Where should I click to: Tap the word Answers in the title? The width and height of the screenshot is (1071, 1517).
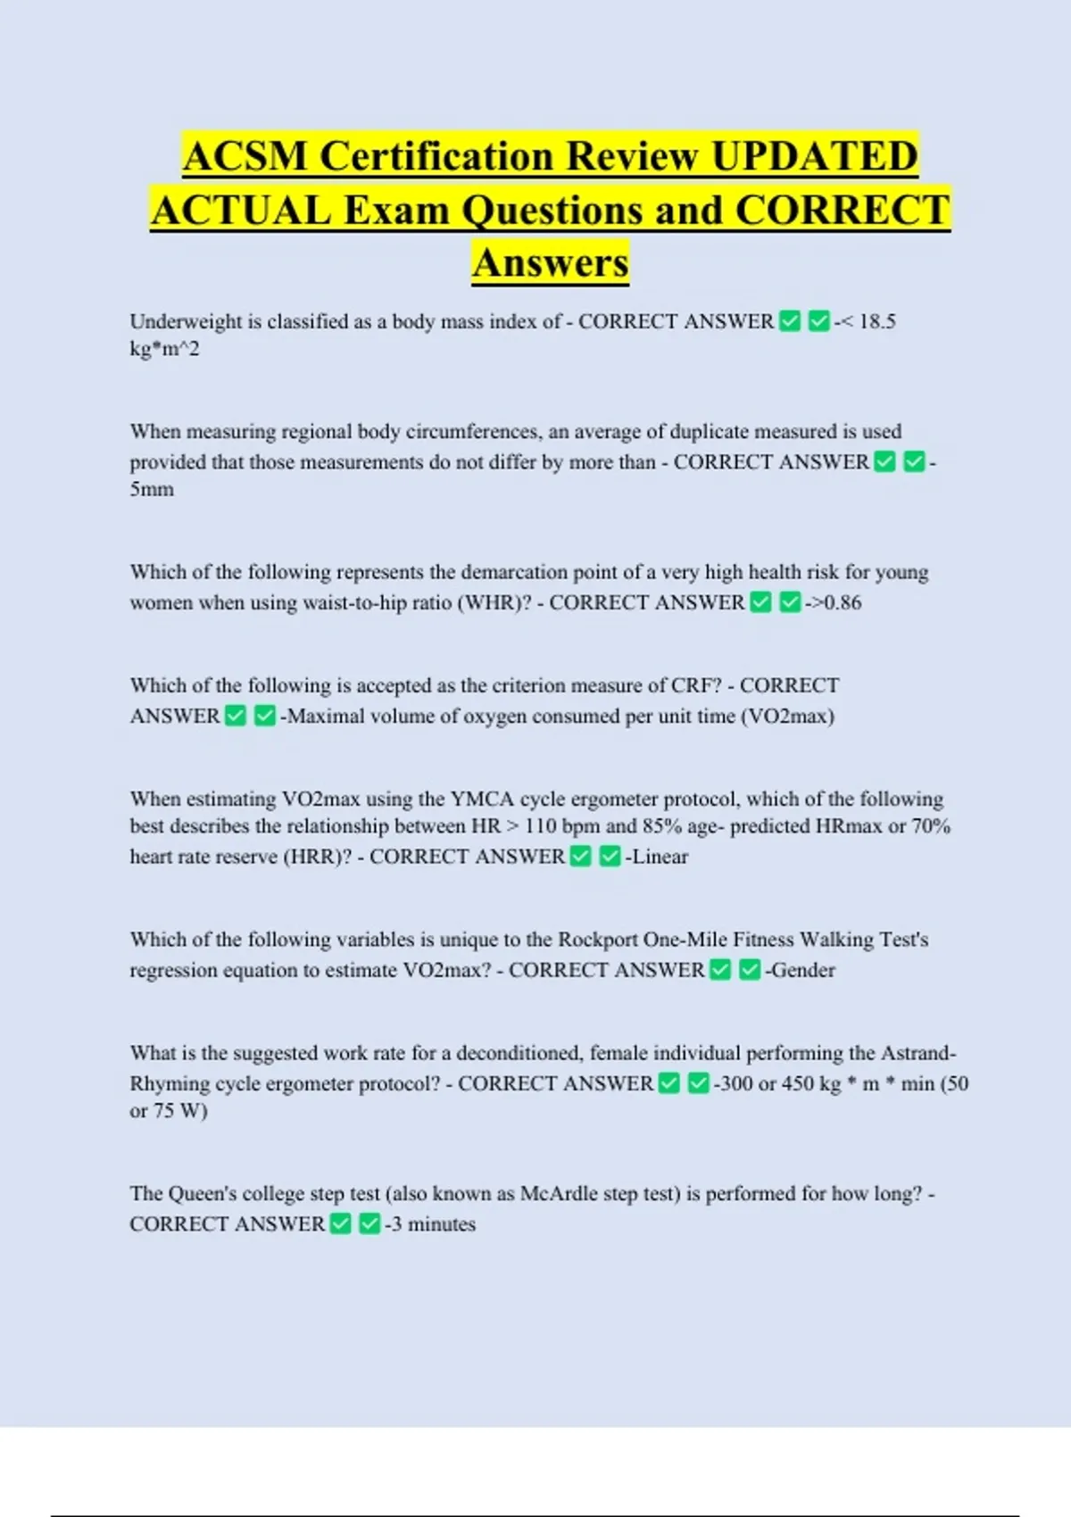551,262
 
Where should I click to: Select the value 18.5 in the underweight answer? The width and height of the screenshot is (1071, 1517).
876,321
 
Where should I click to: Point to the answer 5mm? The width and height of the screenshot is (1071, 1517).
152,489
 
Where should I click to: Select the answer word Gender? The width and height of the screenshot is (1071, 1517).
803,970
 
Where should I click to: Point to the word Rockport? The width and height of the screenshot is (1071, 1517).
598,940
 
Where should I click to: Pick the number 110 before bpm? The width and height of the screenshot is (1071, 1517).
541,826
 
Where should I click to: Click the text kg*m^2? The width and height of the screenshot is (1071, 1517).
165,349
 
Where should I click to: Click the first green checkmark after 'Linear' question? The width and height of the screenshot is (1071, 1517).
581,857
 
